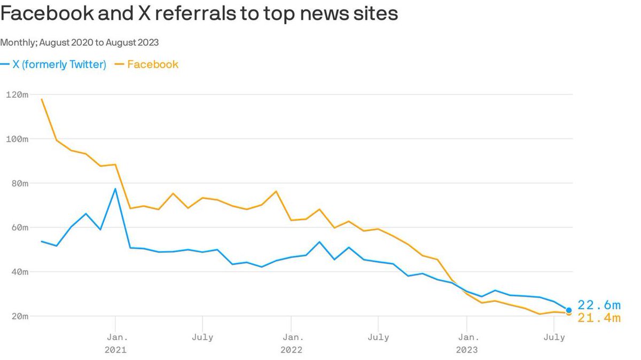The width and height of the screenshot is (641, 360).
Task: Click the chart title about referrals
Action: tap(199, 14)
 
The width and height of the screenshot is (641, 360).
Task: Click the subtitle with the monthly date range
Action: tap(80, 42)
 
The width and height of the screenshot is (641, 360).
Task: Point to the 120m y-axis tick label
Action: tap(17, 95)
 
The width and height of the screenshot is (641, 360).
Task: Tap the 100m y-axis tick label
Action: tap(17, 139)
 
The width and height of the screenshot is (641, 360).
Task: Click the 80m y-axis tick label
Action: tap(19, 183)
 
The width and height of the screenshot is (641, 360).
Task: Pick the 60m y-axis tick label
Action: tap(19, 228)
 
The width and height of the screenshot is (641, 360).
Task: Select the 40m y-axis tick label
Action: tap(19, 272)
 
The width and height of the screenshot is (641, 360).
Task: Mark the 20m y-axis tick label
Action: tap(19, 316)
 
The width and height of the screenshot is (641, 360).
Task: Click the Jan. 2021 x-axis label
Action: tap(115, 343)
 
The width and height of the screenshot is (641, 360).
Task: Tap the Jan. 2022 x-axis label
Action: tap(291, 343)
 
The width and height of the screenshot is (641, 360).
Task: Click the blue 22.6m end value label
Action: tap(599, 305)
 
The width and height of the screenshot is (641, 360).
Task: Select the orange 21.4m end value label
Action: tap(599, 318)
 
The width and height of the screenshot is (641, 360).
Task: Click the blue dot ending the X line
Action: tap(569, 310)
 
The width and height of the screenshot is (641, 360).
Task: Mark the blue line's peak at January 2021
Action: tap(115, 189)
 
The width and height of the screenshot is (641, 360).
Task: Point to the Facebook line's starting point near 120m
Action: tap(42, 99)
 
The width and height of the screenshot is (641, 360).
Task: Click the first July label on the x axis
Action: tap(202, 337)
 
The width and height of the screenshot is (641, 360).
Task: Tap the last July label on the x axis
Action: tap(554, 337)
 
